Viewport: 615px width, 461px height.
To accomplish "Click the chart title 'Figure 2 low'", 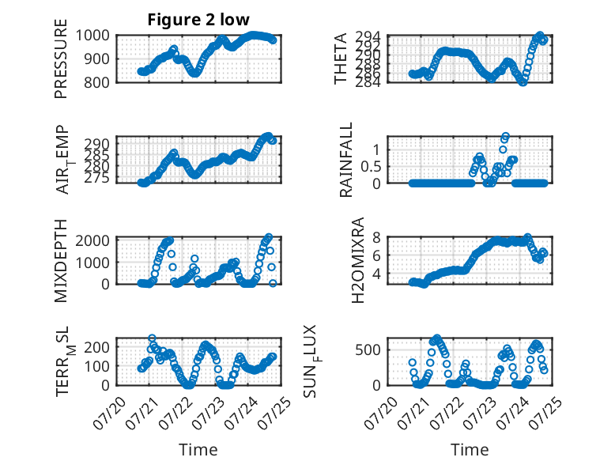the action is click(198, 20).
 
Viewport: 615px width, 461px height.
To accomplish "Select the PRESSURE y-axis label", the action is click(61, 59).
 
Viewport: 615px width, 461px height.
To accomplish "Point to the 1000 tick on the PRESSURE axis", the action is click(92, 36).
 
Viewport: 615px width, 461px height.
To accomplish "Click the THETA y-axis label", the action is click(341, 59).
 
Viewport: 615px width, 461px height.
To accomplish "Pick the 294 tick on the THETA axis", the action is click(368, 36).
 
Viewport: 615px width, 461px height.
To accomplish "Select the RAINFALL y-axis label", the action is click(346, 160).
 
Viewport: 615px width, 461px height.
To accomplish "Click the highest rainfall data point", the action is click(505, 137).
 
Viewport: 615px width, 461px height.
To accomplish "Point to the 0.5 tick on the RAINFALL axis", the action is click(371, 166).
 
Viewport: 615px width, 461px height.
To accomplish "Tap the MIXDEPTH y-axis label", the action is click(61, 261).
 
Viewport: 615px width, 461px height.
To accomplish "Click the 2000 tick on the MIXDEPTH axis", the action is click(92, 240).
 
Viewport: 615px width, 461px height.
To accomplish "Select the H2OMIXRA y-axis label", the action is click(358, 260).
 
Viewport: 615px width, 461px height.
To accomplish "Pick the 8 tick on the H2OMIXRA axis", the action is click(376, 237).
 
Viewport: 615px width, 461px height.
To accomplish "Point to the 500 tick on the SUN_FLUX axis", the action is click(368, 350).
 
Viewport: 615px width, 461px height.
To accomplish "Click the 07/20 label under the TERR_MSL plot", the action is click(109, 413).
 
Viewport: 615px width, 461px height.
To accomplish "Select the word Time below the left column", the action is click(198, 450).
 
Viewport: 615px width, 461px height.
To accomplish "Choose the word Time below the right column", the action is click(470, 450).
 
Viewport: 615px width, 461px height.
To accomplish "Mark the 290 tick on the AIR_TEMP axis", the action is click(96, 144).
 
